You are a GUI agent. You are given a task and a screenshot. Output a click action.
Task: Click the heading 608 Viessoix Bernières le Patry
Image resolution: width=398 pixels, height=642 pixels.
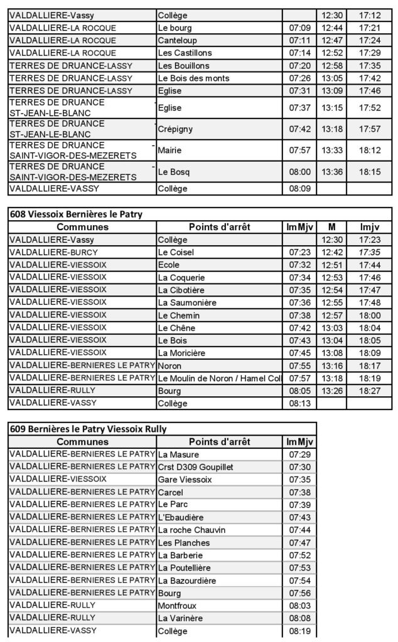pyautogui.click(x=76, y=214)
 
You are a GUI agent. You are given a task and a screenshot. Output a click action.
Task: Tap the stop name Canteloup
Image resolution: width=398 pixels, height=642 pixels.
pyautogui.click(x=178, y=40)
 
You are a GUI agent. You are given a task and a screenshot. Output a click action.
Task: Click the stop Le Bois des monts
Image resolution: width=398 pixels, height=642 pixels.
pyautogui.click(x=193, y=78)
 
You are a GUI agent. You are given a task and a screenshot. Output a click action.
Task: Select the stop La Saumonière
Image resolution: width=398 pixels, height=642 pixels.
pyautogui.click(x=188, y=303)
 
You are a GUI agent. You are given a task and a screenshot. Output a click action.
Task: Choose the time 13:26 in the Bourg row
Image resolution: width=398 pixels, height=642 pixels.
pyautogui.click(x=330, y=391)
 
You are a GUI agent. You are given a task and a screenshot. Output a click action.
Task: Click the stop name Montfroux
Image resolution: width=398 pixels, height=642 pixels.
pyautogui.click(x=177, y=606)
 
